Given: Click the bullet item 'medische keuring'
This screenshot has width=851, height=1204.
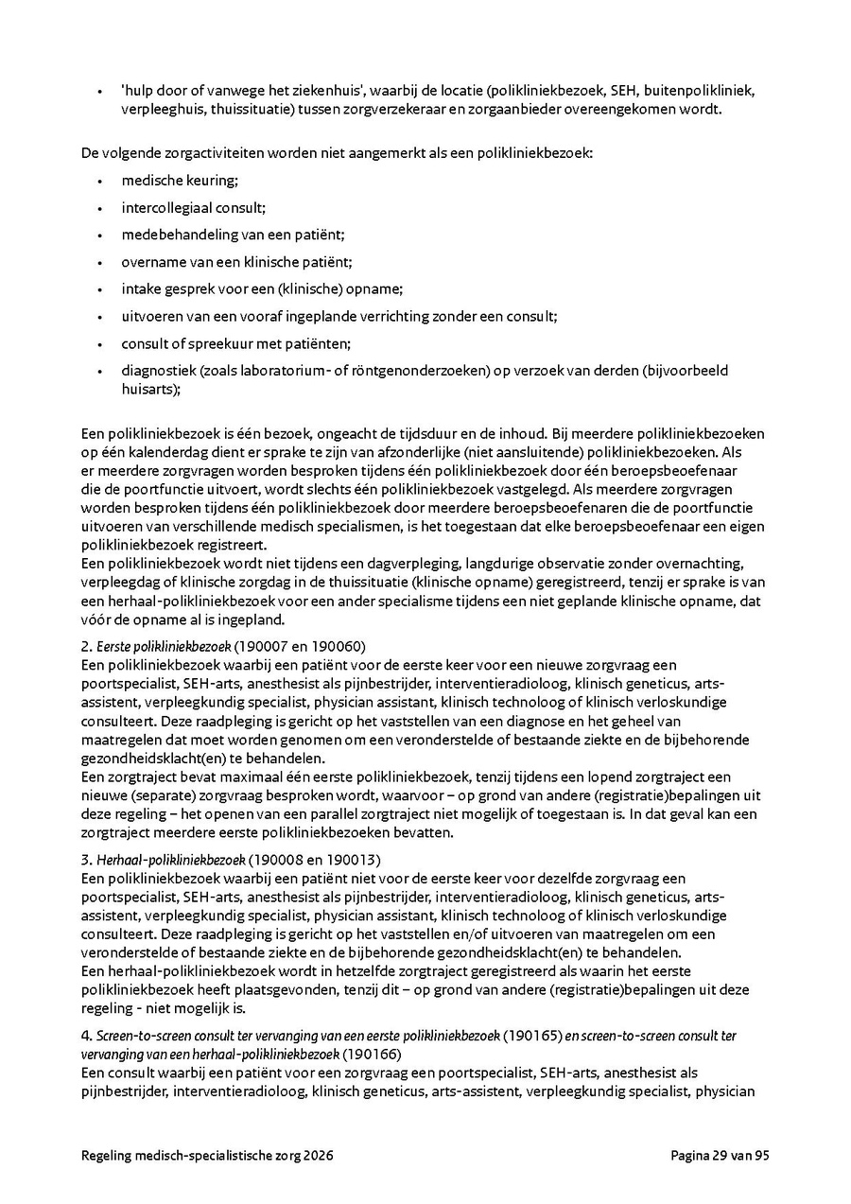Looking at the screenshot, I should click(x=179, y=180).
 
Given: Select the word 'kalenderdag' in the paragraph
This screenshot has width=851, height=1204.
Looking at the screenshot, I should click(x=166, y=452).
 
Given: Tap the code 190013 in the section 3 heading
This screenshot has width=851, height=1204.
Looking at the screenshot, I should click(x=353, y=860).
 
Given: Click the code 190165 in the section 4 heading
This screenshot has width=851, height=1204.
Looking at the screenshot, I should click(x=532, y=1036).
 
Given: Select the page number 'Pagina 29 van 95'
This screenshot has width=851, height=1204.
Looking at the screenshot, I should click(x=720, y=1156).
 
